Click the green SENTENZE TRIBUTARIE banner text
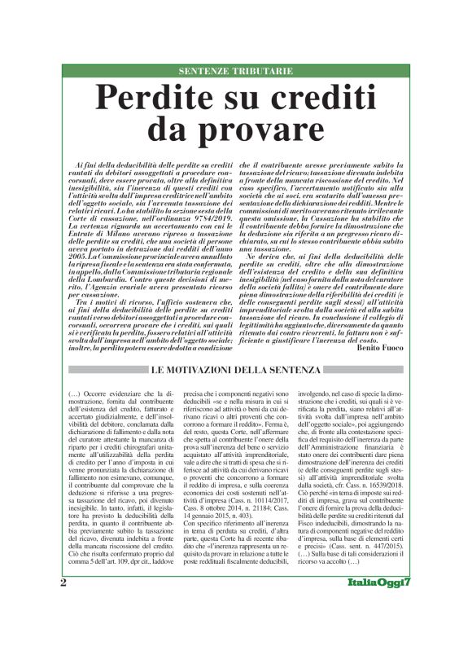coord(236,71)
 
